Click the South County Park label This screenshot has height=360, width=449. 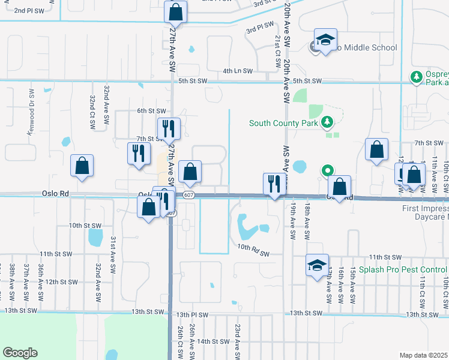(x=285, y=124)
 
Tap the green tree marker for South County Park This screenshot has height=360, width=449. (x=327, y=123)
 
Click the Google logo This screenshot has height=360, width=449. (x=20, y=353)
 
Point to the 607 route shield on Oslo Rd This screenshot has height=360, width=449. (x=188, y=195)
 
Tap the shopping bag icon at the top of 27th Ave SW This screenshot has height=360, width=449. (x=175, y=11)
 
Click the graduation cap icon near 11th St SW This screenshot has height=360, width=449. (x=318, y=265)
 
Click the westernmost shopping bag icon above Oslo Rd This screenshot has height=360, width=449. (x=82, y=166)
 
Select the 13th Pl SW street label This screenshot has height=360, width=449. (x=192, y=314)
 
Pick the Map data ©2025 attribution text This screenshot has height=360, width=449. (x=424, y=355)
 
